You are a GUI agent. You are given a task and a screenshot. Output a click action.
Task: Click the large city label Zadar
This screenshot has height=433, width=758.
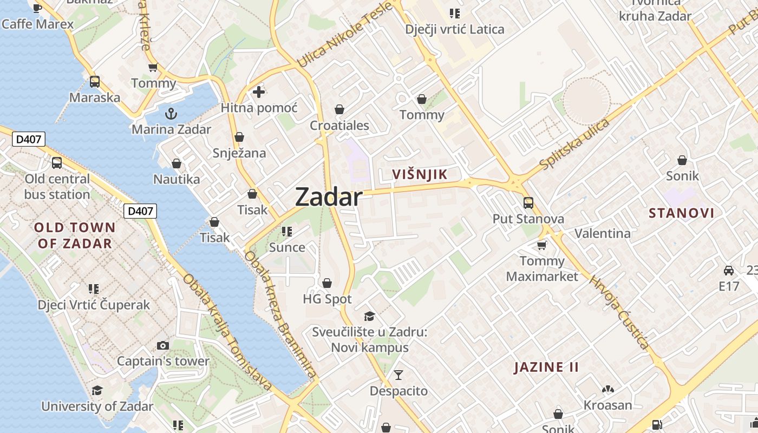tap(329, 198)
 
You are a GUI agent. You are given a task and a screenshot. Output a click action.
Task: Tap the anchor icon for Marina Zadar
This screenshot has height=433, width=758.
tap(171, 114)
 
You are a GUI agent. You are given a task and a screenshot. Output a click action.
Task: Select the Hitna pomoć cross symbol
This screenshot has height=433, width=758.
tap(259, 91)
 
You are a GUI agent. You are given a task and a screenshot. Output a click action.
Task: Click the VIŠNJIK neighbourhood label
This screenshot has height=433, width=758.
tap(420, 174)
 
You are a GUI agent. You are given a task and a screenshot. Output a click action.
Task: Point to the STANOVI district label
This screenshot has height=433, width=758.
tap(682, 213)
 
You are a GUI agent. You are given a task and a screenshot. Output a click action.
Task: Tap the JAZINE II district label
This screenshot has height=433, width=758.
tap(546, 368)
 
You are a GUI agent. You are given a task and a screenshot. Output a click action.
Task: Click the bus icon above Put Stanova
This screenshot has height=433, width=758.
tap(528, 203)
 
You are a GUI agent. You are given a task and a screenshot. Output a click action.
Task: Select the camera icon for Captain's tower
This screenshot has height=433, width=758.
tap(162, 345)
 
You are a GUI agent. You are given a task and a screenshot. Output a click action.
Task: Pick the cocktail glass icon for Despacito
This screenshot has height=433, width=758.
tap(398, 375)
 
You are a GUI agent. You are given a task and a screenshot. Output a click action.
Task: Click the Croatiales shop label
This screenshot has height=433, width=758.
tap(339, 126)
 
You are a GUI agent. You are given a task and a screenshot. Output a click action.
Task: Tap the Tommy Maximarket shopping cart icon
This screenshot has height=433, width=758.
tap(541, 246)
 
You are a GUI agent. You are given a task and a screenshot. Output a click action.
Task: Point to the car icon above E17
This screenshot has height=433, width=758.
tap(729, 270)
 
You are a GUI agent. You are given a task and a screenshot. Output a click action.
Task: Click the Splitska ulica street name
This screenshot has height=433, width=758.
tap(575, 143)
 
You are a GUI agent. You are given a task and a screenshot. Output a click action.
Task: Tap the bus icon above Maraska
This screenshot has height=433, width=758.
tap(95, 82)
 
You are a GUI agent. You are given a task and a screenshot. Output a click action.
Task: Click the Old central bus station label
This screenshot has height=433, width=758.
tap(57, 186)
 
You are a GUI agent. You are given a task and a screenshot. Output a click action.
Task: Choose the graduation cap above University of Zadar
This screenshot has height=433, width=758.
tap(97, 390)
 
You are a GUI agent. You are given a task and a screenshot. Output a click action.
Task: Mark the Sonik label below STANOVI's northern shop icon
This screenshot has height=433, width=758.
tap(682, 176)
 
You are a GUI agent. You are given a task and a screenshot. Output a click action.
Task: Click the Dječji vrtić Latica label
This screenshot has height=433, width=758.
tap(455, 29)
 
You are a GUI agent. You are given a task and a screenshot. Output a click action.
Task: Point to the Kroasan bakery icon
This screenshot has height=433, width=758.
tap(607, 389)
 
